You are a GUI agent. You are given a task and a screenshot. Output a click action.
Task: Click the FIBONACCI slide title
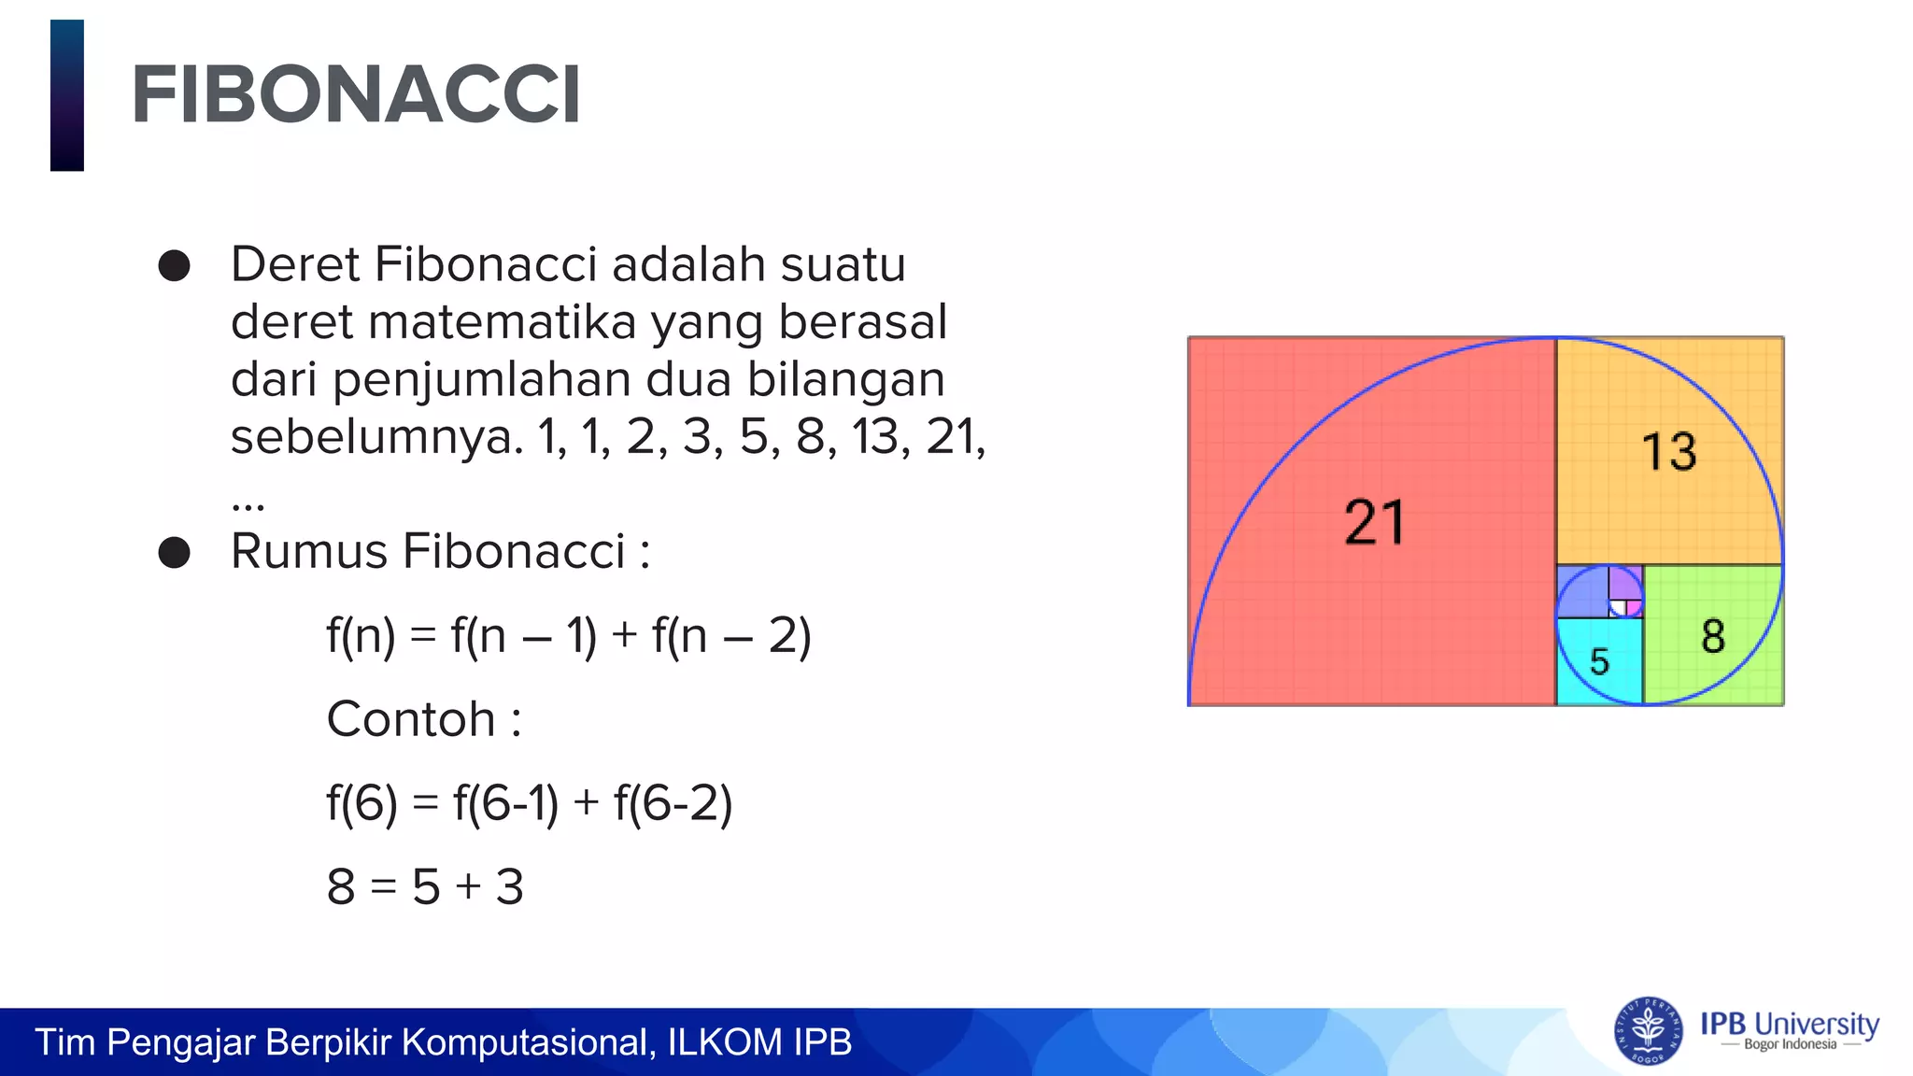[x=356, y=94]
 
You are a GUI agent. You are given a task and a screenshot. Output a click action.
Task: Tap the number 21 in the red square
[x=1374, y=522]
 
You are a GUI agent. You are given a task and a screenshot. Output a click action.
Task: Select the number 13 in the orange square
[x=1669, y=451]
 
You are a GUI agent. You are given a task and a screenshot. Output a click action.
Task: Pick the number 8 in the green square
[x=1712, y=636]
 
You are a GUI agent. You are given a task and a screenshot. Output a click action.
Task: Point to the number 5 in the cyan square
[x=1599, y=661]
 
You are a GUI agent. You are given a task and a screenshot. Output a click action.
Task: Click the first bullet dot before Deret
[x=175, y=266]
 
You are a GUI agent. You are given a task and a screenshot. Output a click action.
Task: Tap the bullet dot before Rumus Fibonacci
[x=175, y=552]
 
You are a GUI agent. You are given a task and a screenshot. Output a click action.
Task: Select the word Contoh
[x=411, y=719]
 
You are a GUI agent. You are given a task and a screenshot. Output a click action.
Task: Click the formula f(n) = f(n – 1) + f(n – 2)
[x=568, y=636]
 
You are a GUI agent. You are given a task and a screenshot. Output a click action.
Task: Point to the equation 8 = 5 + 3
[x=425, y=886]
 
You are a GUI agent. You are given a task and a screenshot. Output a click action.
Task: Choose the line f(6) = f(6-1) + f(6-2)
[x=529, y=802]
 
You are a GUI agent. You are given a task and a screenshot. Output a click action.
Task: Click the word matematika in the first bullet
[x=503, y=322]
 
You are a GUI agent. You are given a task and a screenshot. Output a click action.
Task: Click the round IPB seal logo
[x=1648, y=1031]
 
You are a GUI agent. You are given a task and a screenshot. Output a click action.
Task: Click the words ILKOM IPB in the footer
[x=759, y=1042]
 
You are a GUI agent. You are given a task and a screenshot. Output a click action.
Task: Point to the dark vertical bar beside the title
[x=67, y=95]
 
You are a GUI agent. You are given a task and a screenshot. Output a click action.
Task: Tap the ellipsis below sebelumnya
[x=248, y=505]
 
